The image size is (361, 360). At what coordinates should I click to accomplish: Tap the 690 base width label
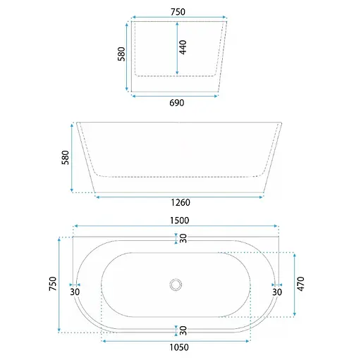pos(176,104)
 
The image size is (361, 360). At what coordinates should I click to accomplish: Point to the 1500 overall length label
pos(176,220)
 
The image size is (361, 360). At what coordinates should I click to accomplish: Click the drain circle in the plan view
pos(176,285)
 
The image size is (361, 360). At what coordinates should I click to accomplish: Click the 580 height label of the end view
pos(121,55)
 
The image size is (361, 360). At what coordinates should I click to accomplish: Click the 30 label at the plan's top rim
pos(183,238)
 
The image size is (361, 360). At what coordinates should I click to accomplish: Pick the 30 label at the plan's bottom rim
pos(183,330)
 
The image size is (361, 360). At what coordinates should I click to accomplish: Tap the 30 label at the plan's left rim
pos(75,292)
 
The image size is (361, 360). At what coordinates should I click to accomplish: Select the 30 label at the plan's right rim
pos(276,292)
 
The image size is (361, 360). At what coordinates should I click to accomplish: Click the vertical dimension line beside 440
pos(176,47)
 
